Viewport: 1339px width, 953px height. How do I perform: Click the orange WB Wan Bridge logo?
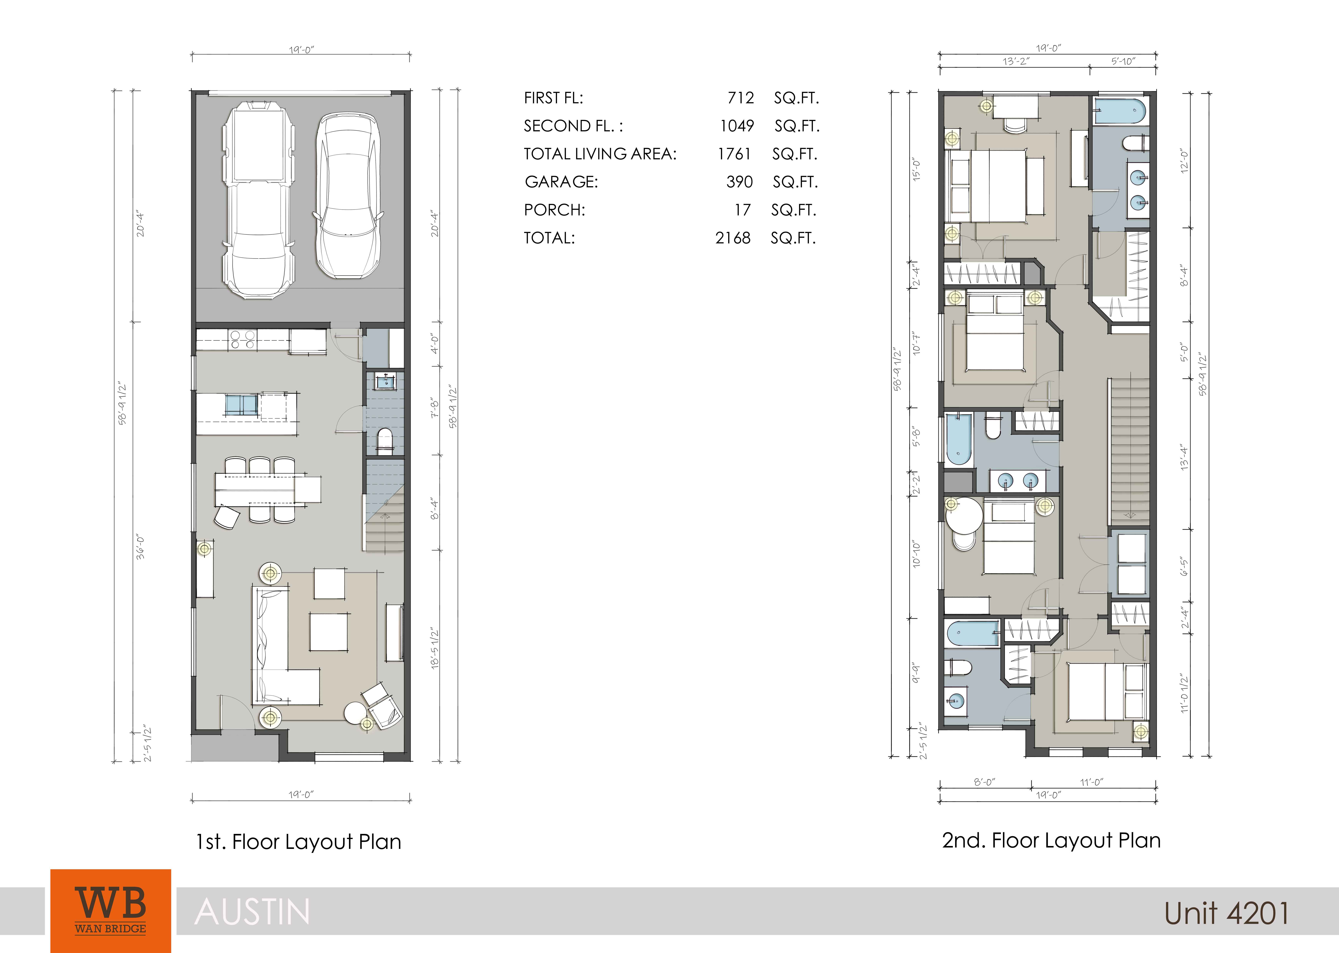point(111,911)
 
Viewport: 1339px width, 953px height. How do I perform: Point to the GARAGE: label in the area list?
point(562,182)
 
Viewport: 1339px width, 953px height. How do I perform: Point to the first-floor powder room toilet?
point(385,441)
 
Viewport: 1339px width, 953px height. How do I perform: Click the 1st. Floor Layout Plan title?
point(299,842)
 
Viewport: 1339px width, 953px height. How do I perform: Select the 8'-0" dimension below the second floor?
point(985,782)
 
